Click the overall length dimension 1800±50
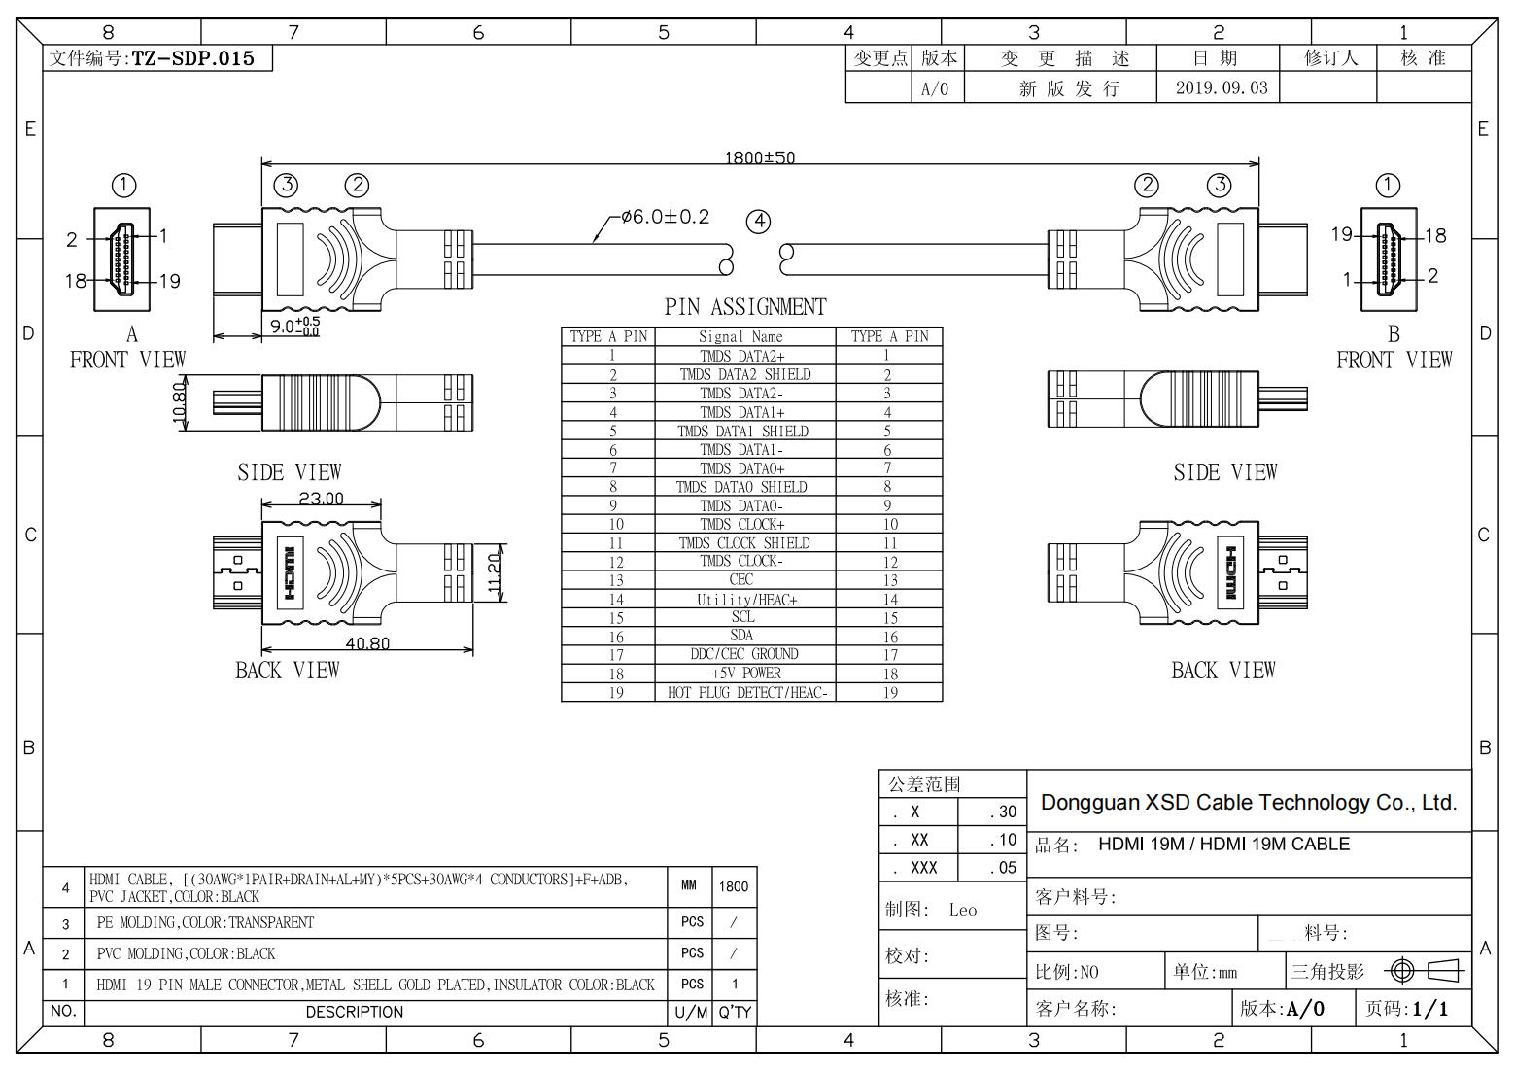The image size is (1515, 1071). (759, 157)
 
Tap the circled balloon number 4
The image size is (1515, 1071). (758, 222)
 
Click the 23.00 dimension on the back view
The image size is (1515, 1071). (321, 499)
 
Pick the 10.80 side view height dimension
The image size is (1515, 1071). (179, 400)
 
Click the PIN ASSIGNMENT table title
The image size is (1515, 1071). (745, 307)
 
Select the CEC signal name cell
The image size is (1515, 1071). (741, 580)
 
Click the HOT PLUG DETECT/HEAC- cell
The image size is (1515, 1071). (746, 693)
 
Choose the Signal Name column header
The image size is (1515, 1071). (740, 337)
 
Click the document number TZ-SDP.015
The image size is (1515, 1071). (192, 58)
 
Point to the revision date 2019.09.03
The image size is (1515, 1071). (1222, 87)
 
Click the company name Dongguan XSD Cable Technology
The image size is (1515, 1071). (1249, 803)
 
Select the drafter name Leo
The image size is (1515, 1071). (962, 910)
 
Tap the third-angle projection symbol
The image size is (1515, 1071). (1427, 970)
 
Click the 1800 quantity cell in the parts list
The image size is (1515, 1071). (734, 886)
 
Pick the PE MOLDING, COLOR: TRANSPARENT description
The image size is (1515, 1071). (205, 922)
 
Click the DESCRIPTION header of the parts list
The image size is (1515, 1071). (354, 1012)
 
